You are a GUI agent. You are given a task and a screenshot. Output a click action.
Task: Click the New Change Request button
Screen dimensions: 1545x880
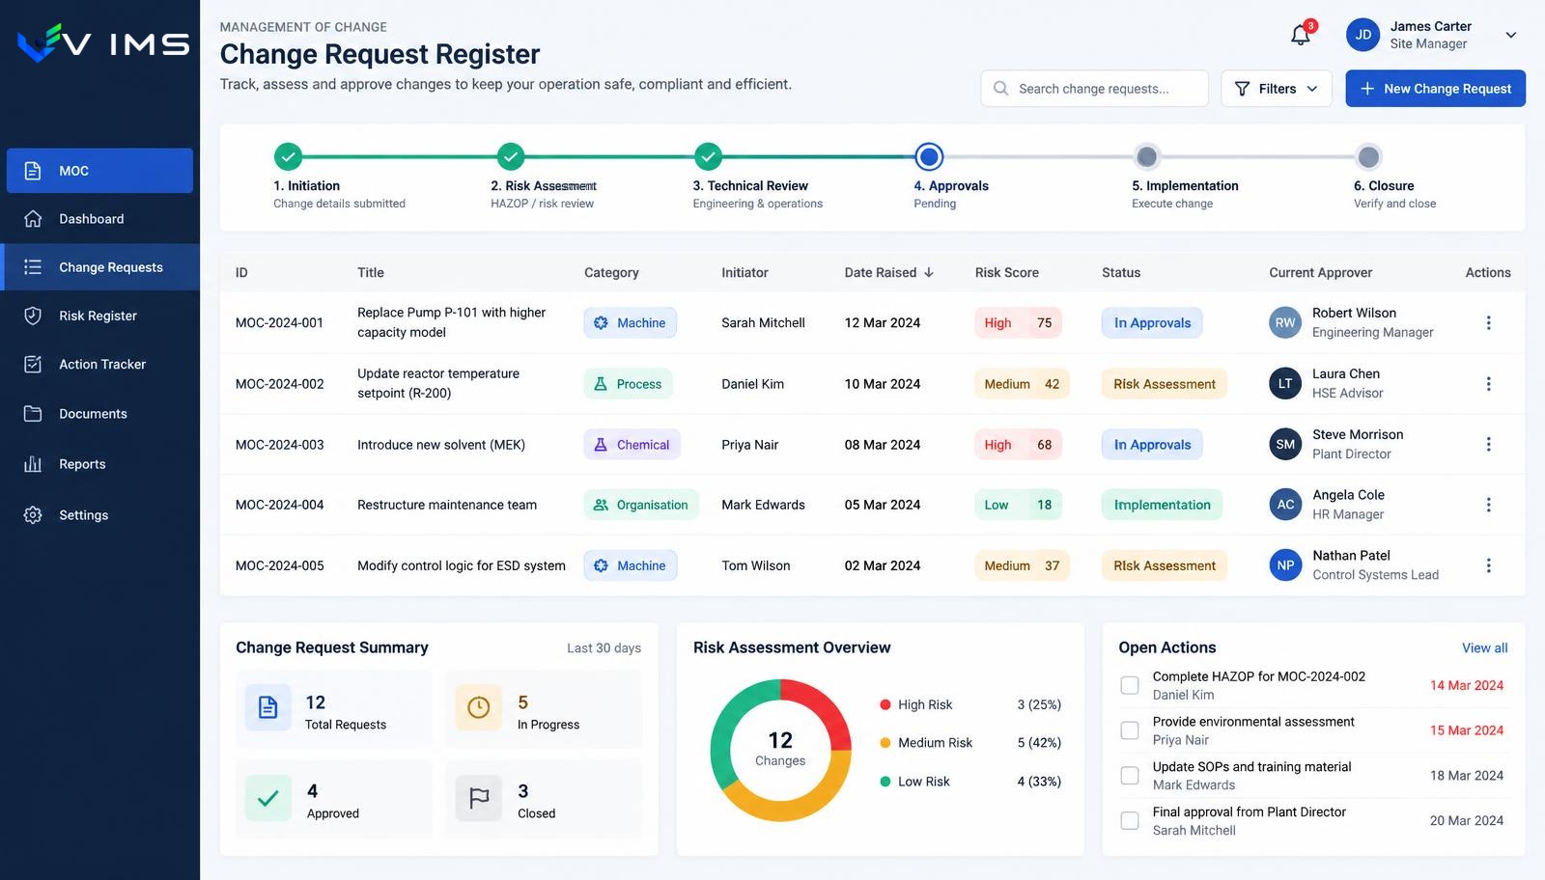[1435, 88]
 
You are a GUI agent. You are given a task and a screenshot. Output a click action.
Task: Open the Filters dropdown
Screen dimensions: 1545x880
[1276, 88]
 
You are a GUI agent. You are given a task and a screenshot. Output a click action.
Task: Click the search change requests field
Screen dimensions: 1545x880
[1094, 88]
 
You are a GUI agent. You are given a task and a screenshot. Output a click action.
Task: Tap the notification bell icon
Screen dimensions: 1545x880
[1300, 35]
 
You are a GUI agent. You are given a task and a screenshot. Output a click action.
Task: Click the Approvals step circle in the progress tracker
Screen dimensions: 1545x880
[928, 156]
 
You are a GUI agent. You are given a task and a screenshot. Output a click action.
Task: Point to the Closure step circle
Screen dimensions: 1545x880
[1367, 157]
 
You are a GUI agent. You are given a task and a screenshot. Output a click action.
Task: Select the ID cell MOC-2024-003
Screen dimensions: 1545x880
[279, 445]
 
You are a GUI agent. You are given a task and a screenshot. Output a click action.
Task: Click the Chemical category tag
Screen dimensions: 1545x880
[632, 445]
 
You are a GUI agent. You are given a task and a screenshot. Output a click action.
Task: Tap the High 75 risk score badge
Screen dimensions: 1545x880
[1018, 322]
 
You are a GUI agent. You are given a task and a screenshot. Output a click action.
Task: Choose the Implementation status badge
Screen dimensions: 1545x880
[1162, 505]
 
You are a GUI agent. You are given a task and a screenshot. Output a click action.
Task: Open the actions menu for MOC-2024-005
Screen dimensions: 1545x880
[1488, 565]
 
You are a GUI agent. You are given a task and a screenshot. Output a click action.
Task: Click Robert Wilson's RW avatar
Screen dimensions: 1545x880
[1285, 322]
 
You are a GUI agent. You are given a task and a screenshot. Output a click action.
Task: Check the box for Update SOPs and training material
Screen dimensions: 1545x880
[1129, 775]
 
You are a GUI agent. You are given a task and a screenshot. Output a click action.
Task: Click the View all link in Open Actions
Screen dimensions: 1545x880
[1484, 647]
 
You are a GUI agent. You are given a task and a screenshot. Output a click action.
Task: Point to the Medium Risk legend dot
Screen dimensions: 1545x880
[885, 743]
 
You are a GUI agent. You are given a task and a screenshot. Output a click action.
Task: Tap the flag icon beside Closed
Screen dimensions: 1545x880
[479, 798]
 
